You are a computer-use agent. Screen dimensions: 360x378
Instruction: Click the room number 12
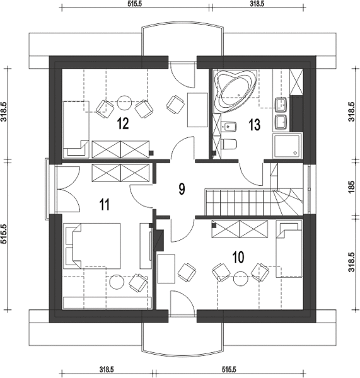click(x=123, y=123)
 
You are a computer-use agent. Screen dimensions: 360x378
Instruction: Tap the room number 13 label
click(x=254, y=125)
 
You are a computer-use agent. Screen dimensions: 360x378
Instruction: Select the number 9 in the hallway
click(x=182, y=188)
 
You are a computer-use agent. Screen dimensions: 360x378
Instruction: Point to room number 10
click(x=238, y=257)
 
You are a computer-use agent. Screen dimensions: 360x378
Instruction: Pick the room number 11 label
click(x=105, y=204)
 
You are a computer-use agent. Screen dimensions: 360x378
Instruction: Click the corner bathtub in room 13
click(x=235, y=91)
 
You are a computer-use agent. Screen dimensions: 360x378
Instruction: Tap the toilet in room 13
click(x=228, y=144)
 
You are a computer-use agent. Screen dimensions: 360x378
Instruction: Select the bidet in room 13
click(x=229, y=127)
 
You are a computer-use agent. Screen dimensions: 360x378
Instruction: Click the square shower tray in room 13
click(x=287, y=146)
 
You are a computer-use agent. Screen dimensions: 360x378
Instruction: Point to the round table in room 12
click(x=124, y=102)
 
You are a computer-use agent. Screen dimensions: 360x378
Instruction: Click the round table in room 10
click(x=240, y=278)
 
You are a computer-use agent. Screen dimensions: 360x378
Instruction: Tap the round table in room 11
click(x=117, y=282)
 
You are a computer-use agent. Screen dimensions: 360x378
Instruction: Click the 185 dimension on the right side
click(x=352, y=186)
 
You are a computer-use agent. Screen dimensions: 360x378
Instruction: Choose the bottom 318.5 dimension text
click(x=107, y=369)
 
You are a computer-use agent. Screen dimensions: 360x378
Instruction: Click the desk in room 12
click(x=197, y=110)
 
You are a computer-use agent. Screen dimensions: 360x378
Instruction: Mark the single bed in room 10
click(x=289, y=249)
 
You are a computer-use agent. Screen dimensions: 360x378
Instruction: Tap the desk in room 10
click(x=166, y=268)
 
